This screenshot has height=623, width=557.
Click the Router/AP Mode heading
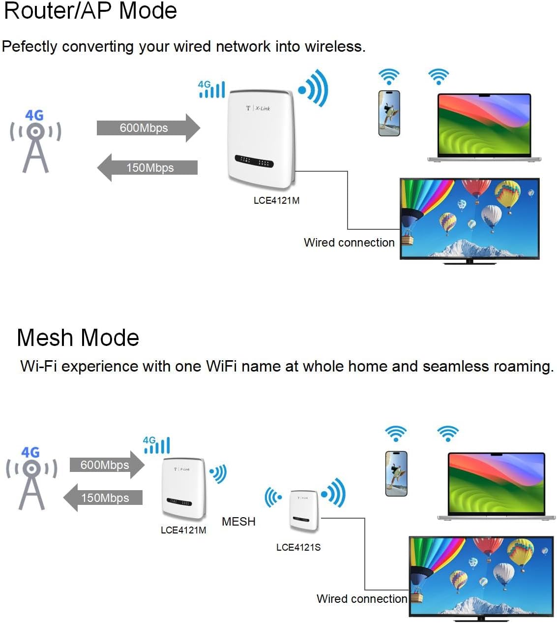pyautogui.click(x=90, y=11)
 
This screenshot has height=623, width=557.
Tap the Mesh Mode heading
pyautogui.click(x=78, y=338)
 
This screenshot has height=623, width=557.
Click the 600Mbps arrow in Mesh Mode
pyautogui.click(x=106, y=465)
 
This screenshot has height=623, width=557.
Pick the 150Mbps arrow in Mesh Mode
pyautogui.click(x=104, y=498)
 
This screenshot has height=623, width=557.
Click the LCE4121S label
pyautogui.click(x=298, y=547)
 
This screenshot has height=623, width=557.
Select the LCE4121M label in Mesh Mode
pyautogui.click(x=183, y=530)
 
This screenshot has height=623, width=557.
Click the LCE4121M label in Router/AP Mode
pyautogui.click(x=276, y=200)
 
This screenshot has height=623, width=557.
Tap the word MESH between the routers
pyautogui.click(x=238, y=522)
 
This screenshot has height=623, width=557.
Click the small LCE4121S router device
pyautogui.click(x=304, y=510)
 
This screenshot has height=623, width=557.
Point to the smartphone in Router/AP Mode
pyautogui.click(x=389, y=113)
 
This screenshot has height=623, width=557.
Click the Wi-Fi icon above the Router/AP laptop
pyautogui.click(x=439, y=76)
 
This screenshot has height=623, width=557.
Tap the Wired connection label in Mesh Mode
pyautogui.click(x=362, y=599)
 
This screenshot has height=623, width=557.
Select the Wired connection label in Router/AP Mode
pyautogui.click(x=349, y=243)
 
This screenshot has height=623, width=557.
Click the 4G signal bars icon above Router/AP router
pyautogui.click(x=211, y=89)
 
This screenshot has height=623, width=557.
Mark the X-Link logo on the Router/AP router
pyautogui.click(x=259, y=108)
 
